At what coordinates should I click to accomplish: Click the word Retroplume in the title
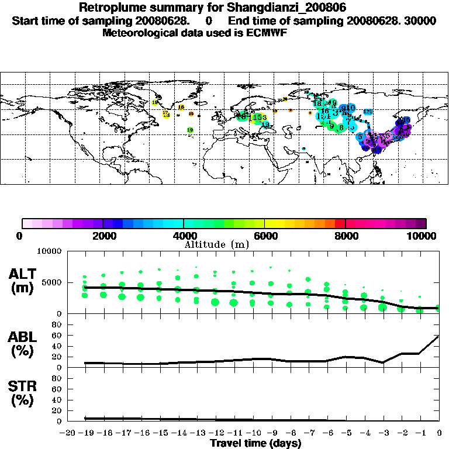(x=110, y=8)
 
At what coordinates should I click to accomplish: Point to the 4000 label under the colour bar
(x=184, y=236)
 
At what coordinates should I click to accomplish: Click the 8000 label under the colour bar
(x=346, y=236)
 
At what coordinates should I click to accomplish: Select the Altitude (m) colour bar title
(x=217, y=244)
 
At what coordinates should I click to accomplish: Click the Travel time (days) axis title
(x=255, y=443)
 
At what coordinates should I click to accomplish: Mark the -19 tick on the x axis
(x=85, y=433)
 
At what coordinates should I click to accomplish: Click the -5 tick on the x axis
(x=346, y=433)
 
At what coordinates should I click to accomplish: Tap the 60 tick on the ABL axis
(x=57, y=335)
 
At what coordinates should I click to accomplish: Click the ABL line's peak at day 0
(x=439, y=336)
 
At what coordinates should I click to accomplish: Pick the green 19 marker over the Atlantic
(x=190, y=130)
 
